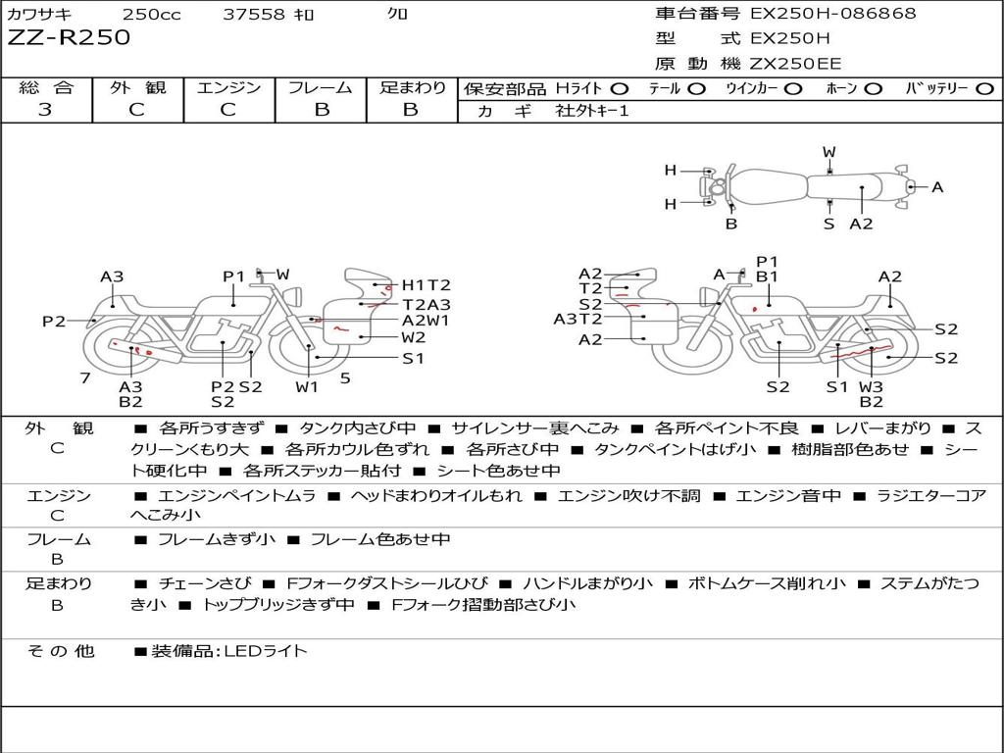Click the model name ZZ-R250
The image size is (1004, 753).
click(69, 38)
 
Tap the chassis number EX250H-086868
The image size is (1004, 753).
click(832, 14)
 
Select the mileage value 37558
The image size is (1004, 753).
click(254, 15)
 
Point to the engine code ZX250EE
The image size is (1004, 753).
click(795, 64)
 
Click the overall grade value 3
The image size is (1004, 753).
click(45, 110)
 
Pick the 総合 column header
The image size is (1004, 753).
click(46, 87)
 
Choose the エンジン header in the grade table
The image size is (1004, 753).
click(228, 87)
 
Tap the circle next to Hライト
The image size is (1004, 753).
click(620, 88)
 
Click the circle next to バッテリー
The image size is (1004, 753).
click(984, 88)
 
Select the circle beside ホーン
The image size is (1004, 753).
click(874, 88)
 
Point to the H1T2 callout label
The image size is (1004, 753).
click(426, 285)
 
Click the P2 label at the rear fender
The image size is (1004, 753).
click(53, 322)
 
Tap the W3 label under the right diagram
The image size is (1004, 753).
click(871, 387)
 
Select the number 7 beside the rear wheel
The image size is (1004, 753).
click(85, 377)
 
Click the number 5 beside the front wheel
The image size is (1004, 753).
click(345, 377)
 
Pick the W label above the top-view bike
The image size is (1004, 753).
click(828, 152)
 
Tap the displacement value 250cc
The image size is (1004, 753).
click(149, 15)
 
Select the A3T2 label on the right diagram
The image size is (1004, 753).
click(577, 319)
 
